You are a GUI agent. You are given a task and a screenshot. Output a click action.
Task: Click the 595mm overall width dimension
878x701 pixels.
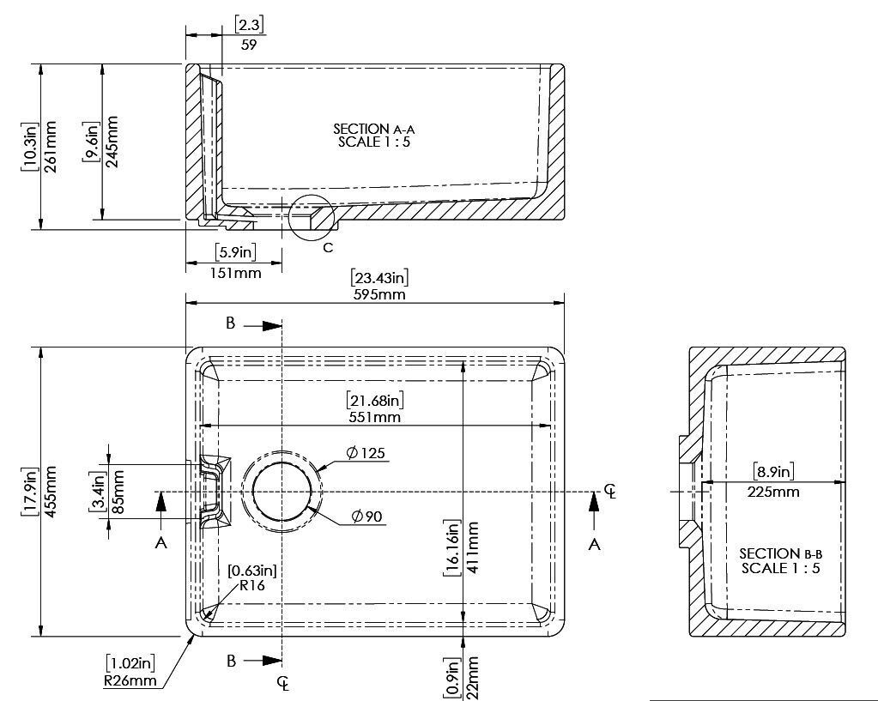coord(379,294)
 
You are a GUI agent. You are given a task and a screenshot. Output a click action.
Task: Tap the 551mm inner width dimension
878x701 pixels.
coord(374,417)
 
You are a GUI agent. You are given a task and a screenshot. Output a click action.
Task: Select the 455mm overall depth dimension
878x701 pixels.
coord(49,491)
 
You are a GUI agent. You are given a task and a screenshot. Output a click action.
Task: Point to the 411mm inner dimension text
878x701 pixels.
coord(472,547)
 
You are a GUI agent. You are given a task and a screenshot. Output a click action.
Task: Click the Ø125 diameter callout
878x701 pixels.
coord(366,452)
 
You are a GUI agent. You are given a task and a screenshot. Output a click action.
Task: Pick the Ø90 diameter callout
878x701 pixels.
coord(367,517)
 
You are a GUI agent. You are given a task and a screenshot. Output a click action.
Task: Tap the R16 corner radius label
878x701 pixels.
coord(252,586)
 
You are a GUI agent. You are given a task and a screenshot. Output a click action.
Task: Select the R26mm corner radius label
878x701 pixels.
coord(130,680)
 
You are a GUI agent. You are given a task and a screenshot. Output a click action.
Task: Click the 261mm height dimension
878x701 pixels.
coord(50,146)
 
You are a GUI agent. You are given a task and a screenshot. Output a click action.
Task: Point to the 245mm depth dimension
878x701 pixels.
coord(112,142)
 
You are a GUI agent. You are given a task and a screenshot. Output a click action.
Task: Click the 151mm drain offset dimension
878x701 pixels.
coord(235,273)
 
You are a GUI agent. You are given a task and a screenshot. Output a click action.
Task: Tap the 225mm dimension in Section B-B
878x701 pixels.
coord(773,493)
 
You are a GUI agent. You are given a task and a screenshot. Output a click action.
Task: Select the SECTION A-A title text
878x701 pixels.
coord(374,130)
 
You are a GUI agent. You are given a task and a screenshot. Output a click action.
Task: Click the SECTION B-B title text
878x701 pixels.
coord(780,553)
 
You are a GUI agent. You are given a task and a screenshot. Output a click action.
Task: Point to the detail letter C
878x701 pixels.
coord(328,247)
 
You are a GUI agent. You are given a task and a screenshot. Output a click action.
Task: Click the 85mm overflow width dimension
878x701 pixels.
coord(118,493)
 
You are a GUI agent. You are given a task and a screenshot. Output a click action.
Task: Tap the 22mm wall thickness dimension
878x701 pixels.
coord(472,678)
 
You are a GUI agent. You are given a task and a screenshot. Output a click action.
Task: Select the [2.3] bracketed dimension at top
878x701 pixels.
coord(249,25)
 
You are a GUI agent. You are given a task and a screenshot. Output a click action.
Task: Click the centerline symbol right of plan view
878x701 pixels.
coord(610,492)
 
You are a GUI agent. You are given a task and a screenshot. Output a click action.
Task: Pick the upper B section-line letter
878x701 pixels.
coord(231,323)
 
